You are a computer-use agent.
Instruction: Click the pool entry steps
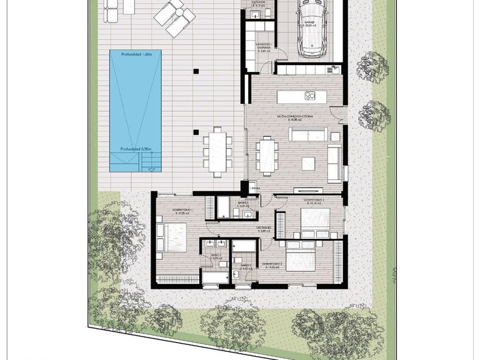(149, 164)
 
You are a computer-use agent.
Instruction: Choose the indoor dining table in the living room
(267, 154)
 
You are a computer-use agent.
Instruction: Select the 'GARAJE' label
(309, 21)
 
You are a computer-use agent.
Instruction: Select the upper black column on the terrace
(196, 71)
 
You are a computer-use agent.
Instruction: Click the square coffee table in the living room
(309, 164)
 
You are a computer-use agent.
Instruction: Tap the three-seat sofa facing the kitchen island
(306, 134)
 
